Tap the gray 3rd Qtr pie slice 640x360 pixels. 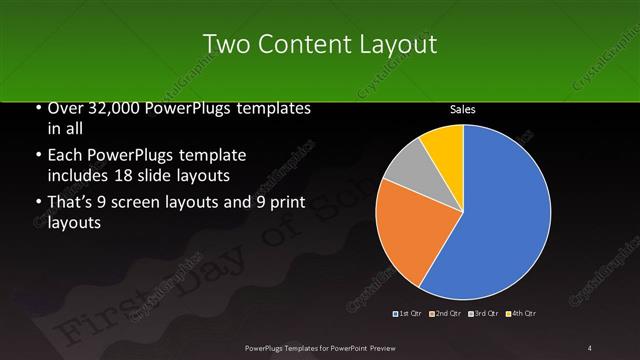point(409,170)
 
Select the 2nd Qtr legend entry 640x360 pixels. point(447,315)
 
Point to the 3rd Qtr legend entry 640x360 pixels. point(485,315)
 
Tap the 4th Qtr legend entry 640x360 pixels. point(522,315)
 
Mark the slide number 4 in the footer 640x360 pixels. point(590,347)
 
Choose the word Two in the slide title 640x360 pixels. point(224,45)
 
